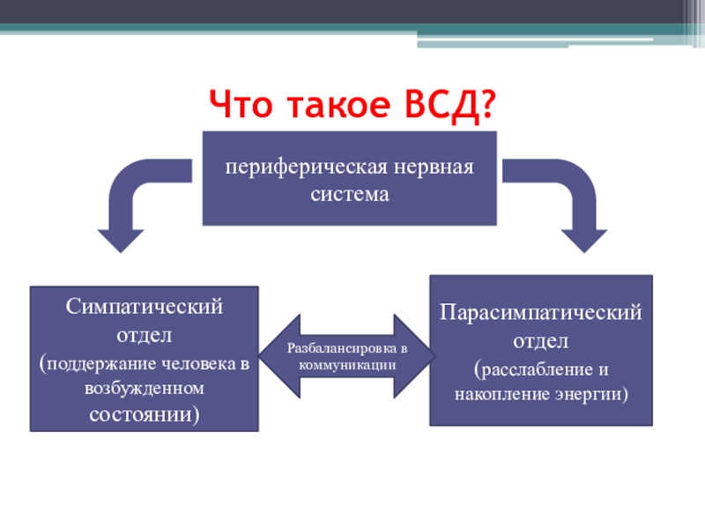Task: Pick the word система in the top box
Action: [x=350, y=193]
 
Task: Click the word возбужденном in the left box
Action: [x=145, y=388]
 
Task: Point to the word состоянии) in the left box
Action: [x=145, y=414]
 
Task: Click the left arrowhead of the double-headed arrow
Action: [x=273, y=355]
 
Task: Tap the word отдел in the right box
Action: [x=542, y=339]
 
